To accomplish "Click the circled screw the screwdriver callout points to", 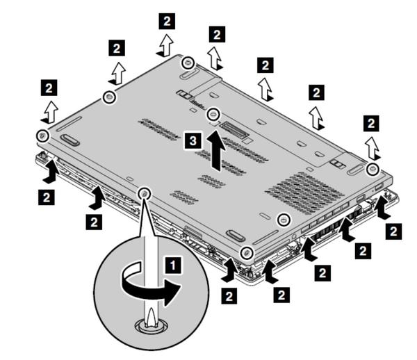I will point(145,193).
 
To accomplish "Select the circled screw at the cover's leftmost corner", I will point(42,134).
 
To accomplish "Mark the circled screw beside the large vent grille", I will point(283,220).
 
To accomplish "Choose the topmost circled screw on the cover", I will point(187,63).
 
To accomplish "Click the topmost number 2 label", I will point(167,20).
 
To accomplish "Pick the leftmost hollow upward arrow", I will point(49,110).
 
